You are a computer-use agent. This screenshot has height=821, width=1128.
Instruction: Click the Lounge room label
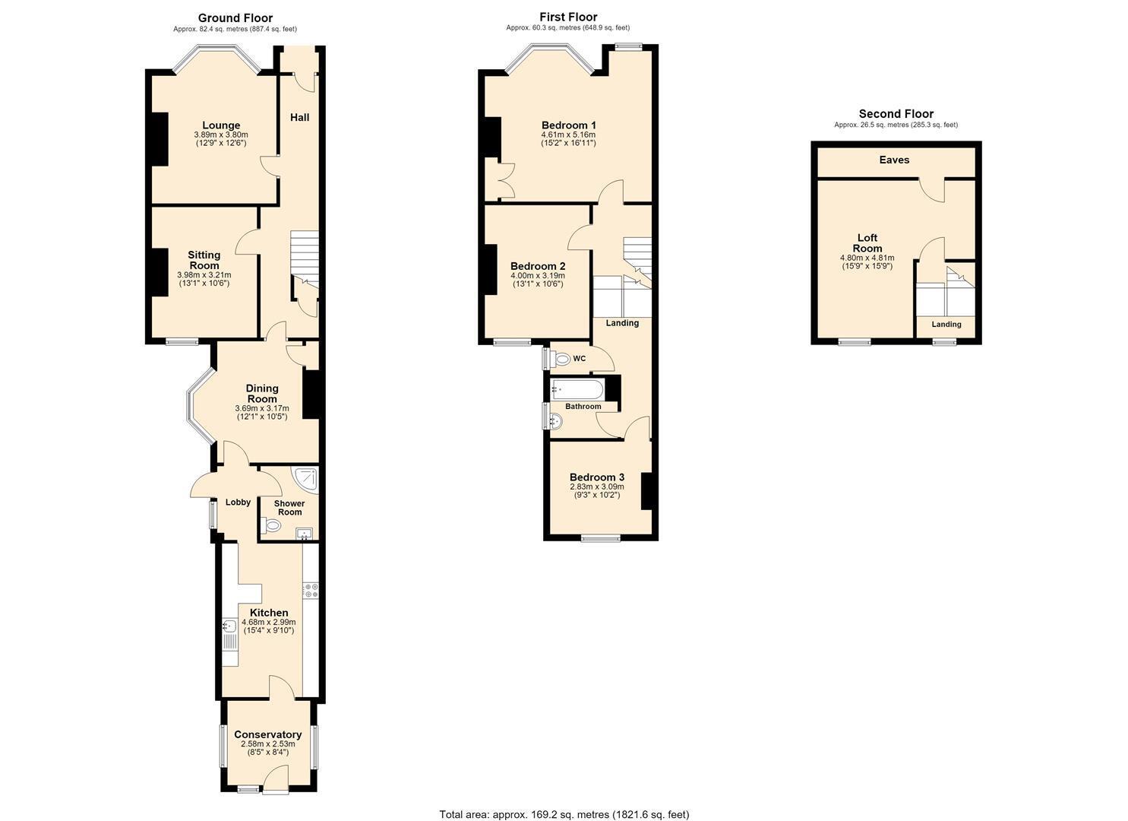[x=221, y=125]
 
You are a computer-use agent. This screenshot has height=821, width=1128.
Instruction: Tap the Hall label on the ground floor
[x=299, y=117]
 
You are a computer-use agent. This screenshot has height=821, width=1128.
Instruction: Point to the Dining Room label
[x=262, y=394]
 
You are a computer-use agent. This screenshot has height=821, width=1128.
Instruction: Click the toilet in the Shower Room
[x=271, y=526]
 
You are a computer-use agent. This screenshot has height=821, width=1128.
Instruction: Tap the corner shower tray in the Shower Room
[x=306, y=480]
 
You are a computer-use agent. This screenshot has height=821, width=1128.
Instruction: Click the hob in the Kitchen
[x=310, y=591]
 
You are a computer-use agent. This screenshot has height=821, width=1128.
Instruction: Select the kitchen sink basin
[x=229, y=626]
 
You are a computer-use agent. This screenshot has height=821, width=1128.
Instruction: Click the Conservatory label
[x=268, y=735]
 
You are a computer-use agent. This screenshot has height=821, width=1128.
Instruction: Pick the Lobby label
[x=238, y=502]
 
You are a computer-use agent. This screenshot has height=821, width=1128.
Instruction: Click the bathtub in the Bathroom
[x=577, y=389]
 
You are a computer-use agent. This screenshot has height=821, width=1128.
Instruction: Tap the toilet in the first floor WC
[x=560, y=359]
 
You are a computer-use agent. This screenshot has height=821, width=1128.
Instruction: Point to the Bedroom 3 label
[x=597, y=477]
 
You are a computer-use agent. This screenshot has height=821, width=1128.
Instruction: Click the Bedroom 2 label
[x=538, y=266]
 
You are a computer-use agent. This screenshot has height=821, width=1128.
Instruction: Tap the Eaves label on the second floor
[x=894, y=160]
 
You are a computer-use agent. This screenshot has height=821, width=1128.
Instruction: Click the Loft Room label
[x=867, y=243]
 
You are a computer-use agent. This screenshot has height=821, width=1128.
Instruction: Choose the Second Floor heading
[x=896, y=114]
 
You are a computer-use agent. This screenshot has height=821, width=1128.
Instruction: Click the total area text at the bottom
[x=564, y=800]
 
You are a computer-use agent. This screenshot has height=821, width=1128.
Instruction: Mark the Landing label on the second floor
[x=946, y=325]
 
